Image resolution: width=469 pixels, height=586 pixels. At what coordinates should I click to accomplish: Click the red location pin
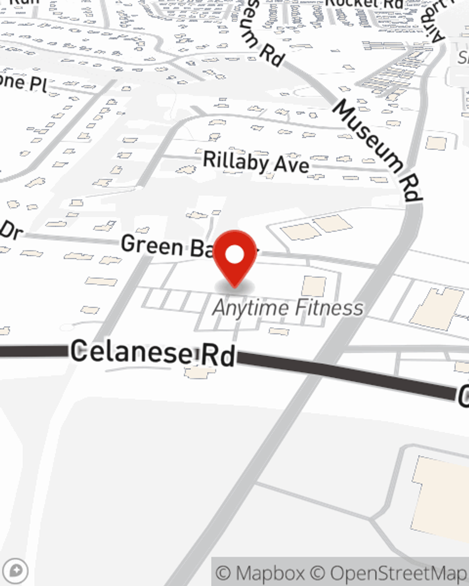(x=235, y=257)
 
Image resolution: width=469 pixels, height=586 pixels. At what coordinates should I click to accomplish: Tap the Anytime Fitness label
(x=288, y=308)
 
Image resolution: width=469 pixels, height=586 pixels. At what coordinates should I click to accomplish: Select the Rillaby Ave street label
(x=256, y=162)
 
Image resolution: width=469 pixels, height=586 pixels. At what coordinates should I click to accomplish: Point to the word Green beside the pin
(x=152, y=245)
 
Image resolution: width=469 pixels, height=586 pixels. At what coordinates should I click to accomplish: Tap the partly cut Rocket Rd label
(x=364, y=4)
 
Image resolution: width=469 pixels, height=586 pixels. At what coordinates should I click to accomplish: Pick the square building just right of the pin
(x=314, y=286)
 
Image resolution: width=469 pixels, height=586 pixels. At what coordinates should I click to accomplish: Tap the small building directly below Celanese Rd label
(x=200, y=373)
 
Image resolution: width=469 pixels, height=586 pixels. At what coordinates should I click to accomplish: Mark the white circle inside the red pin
(x=235, y=255)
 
